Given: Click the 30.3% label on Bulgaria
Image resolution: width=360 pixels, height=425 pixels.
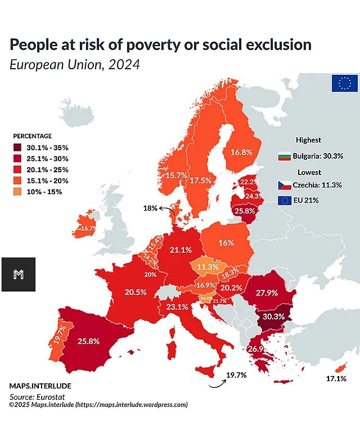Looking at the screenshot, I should [273, 316].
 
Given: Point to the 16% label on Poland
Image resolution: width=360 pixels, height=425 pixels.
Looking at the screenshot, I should [226, 243].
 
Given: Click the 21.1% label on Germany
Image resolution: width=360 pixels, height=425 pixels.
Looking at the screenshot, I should [181, 249].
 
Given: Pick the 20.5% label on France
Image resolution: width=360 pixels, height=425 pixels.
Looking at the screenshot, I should [136, 292].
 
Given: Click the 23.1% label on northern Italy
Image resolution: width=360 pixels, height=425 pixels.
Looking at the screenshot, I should [177, 307].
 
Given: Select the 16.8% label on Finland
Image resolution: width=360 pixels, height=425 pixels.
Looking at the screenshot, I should [241, 152].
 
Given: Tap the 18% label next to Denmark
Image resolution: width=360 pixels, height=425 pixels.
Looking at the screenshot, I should [150, 208].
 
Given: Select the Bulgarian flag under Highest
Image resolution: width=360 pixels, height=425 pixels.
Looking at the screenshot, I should [284, 156].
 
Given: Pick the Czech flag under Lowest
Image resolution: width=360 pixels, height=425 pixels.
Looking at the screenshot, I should [284, 185].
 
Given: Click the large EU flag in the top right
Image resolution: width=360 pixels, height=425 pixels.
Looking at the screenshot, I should [345, 83].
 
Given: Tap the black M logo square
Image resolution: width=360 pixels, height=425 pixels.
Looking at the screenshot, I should [18, 274].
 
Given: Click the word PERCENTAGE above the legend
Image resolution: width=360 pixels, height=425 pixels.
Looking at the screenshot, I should [33, 136].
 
